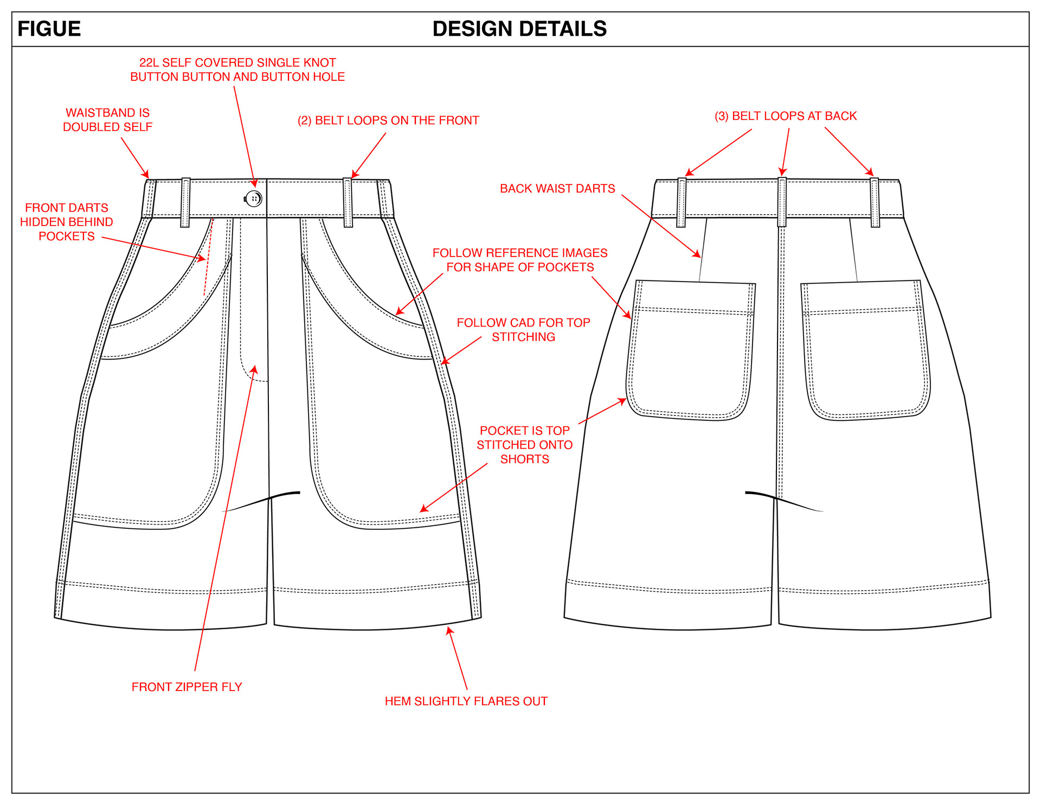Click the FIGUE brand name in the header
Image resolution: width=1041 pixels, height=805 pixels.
49,29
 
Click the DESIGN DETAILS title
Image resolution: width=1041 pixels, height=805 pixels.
519,29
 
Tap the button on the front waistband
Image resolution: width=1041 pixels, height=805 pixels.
254,199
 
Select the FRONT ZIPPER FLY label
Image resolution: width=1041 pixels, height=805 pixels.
187,687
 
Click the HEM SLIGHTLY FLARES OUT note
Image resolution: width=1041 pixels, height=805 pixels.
466,701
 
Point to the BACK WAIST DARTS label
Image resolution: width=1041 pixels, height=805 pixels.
557,189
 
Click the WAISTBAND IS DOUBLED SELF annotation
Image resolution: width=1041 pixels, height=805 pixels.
107,120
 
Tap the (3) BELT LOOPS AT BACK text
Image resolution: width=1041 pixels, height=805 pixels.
785,116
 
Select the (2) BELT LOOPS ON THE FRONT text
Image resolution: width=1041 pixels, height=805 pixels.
388,120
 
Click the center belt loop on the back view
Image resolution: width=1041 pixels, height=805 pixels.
782,202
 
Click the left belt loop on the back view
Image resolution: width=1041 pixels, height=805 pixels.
682,202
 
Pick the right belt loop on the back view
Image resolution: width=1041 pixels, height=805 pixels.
875,202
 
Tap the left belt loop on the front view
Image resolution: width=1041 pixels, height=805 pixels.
185,202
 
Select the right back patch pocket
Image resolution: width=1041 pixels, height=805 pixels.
866,350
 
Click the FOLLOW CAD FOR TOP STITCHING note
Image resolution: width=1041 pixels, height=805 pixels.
523,330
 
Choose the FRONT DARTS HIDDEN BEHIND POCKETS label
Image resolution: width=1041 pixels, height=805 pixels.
67,222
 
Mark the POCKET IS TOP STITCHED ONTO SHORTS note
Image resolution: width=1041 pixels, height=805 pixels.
524,445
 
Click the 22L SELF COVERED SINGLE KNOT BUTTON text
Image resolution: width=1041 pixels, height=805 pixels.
237,70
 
